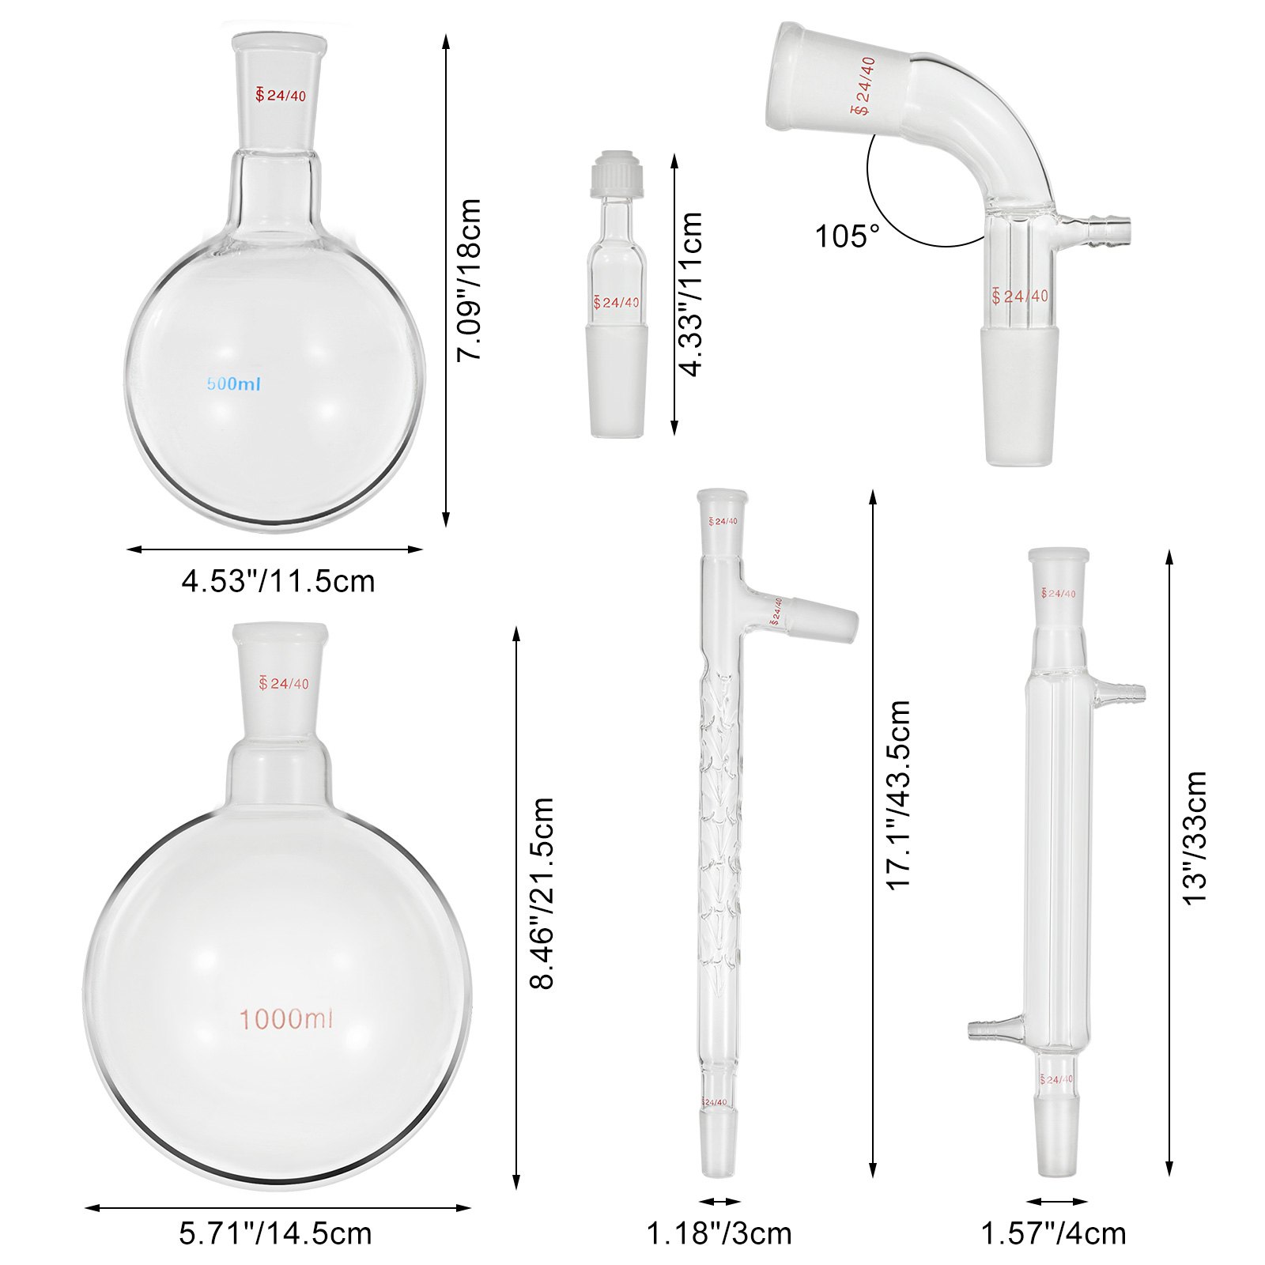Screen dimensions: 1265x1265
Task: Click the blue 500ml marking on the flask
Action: (233, 384)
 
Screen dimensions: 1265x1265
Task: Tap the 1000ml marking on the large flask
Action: (285, 1019)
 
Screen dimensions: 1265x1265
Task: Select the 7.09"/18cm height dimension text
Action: (469, 280)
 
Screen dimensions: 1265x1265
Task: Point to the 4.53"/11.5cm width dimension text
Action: (278, 581)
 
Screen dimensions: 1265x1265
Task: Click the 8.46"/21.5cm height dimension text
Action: (542, 893)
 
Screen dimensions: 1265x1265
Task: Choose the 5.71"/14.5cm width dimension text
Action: (275, 1233)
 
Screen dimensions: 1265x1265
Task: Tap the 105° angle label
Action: (847, 236)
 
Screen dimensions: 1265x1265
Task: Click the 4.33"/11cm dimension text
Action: (691, 294)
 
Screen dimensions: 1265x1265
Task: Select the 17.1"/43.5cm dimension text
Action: (899, 795)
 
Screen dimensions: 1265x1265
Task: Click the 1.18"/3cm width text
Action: (719, 1233)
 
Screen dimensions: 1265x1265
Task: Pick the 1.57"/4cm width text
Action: (1053, 1233)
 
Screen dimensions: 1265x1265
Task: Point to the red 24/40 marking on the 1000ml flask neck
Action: (284, 683)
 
